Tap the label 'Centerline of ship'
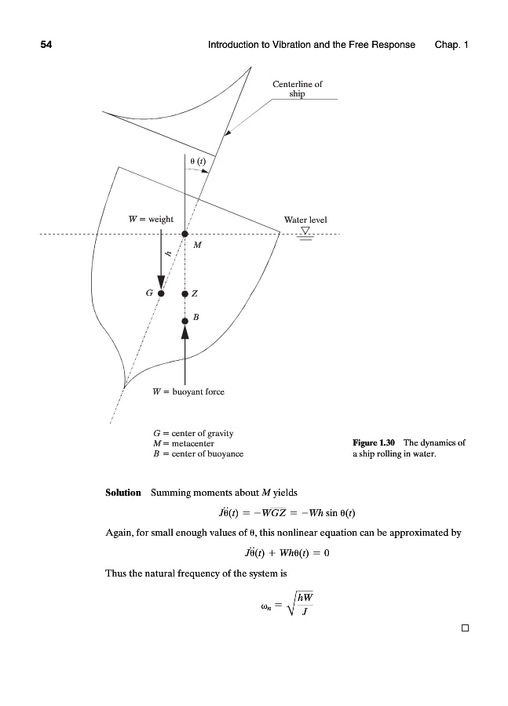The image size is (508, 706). [x=297, y=89]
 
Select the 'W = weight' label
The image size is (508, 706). [x=151, y=219]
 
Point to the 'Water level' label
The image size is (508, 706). [x=305, y=220]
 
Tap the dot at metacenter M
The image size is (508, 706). [x=185, y=234]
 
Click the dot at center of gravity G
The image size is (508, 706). [x=160, y=293]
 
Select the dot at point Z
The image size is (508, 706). [x=185, y=293]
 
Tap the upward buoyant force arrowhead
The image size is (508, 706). [x=185, y=333]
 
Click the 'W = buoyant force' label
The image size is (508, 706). [x=188, y=390]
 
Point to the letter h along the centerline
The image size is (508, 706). [x=168, y=253]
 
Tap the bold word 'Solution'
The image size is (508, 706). [x=122, y=493]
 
